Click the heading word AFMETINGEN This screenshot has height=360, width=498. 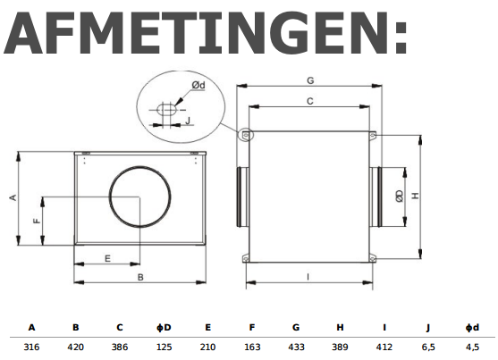pyautogui.click(x=206, y=36)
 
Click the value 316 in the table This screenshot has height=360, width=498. pyautogui.click(x=31, y=344)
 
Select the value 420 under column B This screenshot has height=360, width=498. pyautogui.click(x=76, y=344)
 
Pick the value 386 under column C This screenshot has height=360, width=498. pyautogui.click(x=120, y=344)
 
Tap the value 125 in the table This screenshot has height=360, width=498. pyautogui.click(x=164, y=344)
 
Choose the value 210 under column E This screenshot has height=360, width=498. pyautogui.click(x=207, y=344)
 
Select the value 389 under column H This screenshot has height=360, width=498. pyautogui.click(x=340, y=344)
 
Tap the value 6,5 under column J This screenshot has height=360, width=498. pyautogui.click(x=428, y=344)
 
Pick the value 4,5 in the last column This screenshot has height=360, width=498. pyautogui.click(x=472, y=344)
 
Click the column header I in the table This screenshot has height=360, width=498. pyautogui.click(x=384, y=327)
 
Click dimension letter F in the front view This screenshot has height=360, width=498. pyautogui.click(x=36, y=220)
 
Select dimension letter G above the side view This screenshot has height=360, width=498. pyautogui.click(x=309, y=80)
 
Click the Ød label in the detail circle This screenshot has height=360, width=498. pyautogui.click(x=198, y=85)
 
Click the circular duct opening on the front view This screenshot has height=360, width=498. pyautogui.click(x=137, y=196)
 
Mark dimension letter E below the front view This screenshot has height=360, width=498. pyautogui.click(x=107, y=258)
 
